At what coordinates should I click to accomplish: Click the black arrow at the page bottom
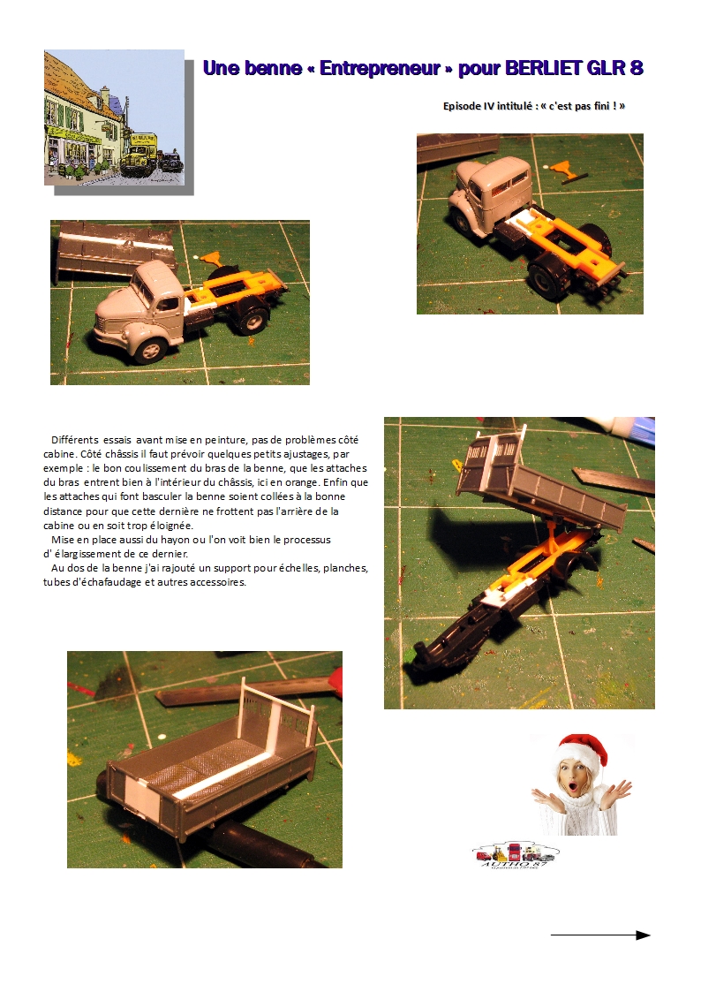click(600, 935)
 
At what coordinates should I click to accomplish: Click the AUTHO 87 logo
click(516, 855)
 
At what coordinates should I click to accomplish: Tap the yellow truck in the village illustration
click(137, 153)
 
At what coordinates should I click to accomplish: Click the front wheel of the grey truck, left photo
click(152, 349)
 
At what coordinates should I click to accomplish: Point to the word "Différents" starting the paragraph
click(74, 440)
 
